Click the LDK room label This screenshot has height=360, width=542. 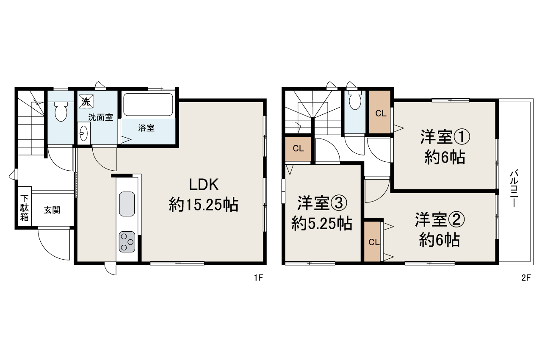coord(203,185)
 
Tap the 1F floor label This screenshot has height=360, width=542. coord(258,278)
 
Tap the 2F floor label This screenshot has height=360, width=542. coord(526,278)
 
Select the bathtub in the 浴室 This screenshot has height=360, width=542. coord(148,105)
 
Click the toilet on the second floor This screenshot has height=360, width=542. coord(355,100)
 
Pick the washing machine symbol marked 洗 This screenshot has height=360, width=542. coord(86,102)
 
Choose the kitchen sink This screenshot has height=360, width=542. coord(127,204)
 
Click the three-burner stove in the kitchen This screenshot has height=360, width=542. coord(127,242)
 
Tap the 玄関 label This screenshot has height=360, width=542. coord(52,210)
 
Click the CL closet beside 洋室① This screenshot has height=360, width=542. coord(381,113)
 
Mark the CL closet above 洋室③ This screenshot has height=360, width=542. coord(298,149)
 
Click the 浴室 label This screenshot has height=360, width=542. coord(147,128)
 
